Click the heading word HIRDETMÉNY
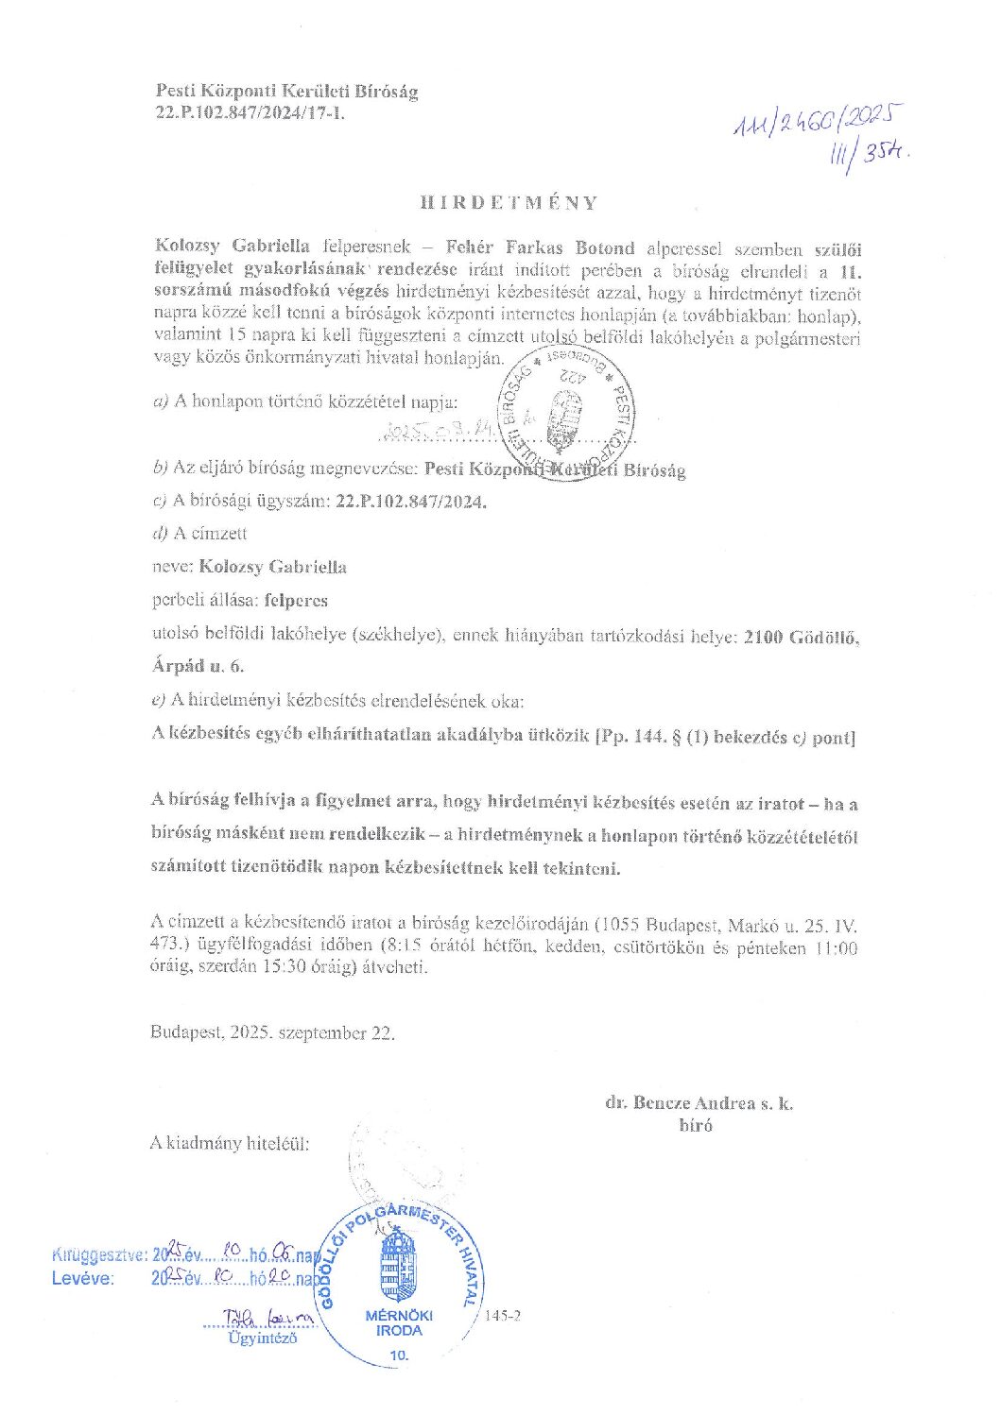(509, 202)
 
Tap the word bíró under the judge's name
(696, 1124)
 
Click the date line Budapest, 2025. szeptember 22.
(272, 1032)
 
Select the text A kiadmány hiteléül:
(230, 1142)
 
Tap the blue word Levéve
(82, 1279)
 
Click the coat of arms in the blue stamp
(399, 1265)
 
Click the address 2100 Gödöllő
(801, 638)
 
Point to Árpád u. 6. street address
(198, 666)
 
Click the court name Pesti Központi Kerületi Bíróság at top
(285, 92)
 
